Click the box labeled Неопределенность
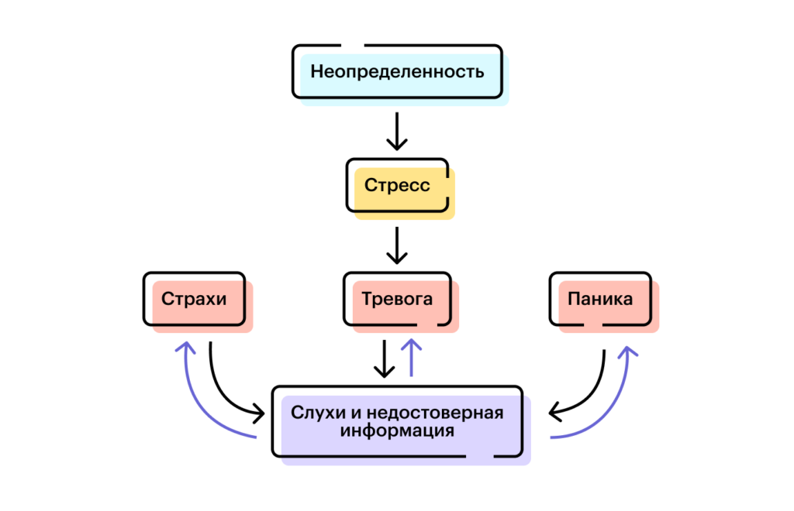coord(397,72)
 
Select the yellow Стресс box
coord(397,186)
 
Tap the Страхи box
coord(194,298)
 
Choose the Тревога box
coord(397,298)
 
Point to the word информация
coord(397,430)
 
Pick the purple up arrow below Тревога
coord(412,358)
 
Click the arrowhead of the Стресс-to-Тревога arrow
coord(396,259)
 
